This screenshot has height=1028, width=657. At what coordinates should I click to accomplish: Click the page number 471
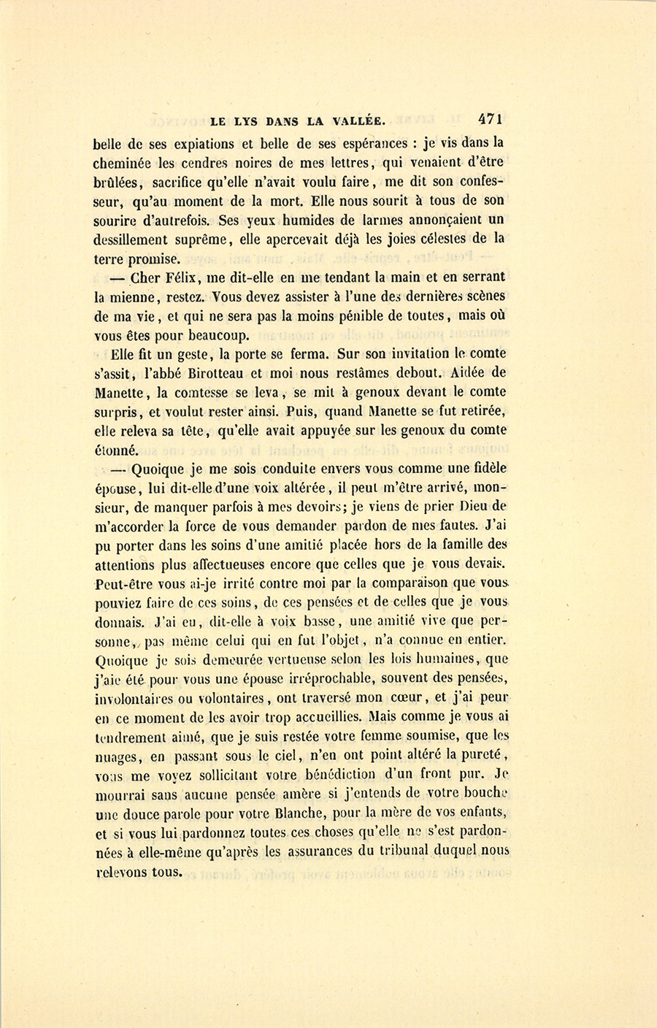click(493, 119)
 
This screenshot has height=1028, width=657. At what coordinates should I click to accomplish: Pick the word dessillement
click(135, 239)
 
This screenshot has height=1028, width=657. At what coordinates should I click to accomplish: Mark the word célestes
click(438, 238)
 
